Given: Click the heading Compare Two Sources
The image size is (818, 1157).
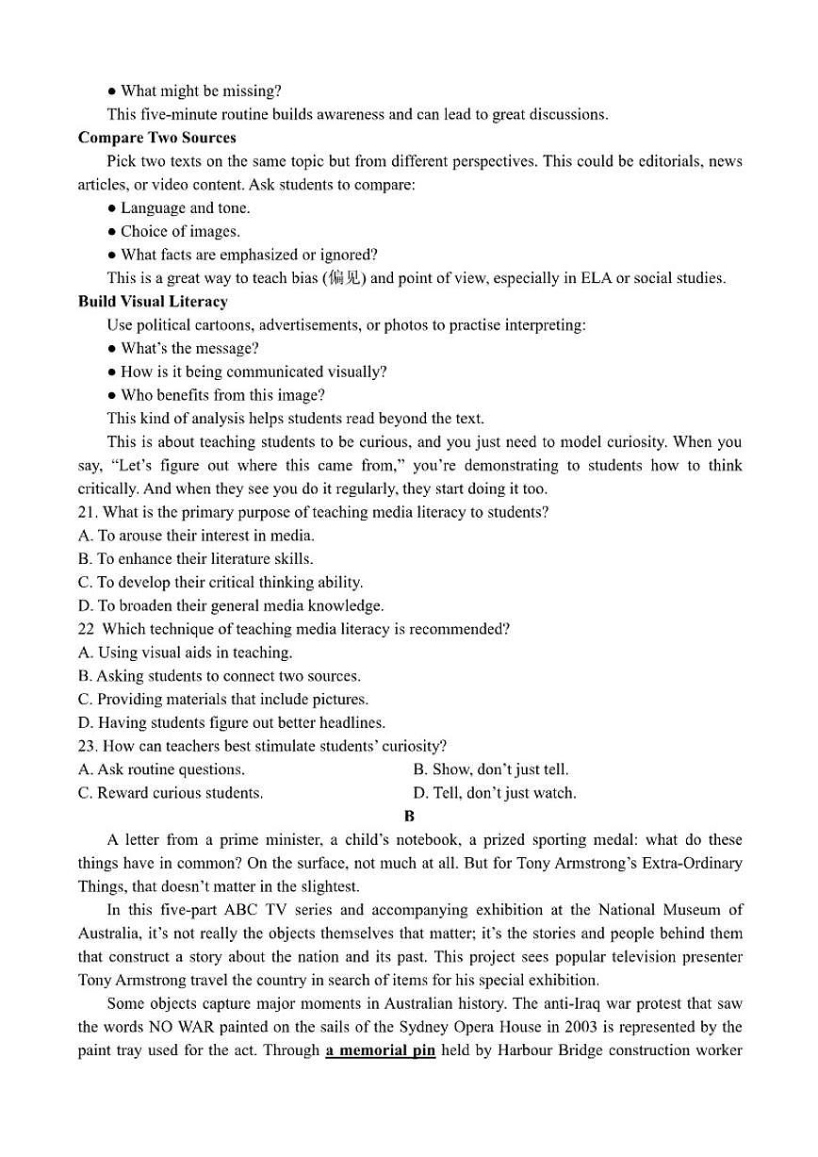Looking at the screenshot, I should coord(156,138).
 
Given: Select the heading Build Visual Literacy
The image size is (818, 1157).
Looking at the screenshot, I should coord(153,302).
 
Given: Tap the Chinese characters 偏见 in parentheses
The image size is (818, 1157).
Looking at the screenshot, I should coord(344,278).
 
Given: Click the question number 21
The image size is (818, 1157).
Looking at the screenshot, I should coord(86,512).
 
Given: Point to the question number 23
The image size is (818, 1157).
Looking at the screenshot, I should coord(86,746).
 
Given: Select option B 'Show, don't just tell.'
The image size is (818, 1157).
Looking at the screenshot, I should coord(491,769).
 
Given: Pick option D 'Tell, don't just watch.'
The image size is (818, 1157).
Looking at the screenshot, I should coord(495,793).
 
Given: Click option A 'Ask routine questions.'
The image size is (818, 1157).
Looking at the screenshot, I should coord(161,769).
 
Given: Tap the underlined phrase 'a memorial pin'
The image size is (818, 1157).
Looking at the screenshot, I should coord(381,1050).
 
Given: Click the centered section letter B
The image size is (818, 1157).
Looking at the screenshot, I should coord(409,817).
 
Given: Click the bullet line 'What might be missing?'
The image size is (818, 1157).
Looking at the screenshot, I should coord(200,91).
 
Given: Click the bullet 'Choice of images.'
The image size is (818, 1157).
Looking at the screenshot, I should coord(179,231).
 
